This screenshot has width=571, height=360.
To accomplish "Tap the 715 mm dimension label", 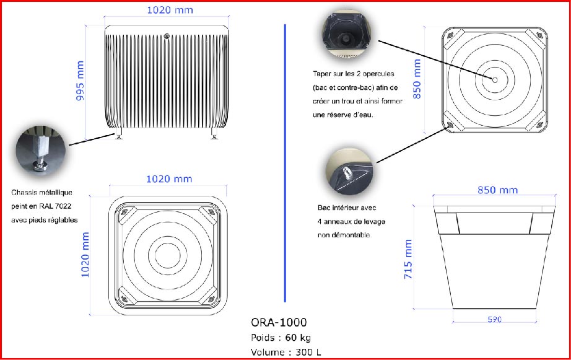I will (409, 260).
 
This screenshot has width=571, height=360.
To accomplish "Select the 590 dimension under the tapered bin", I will (494, 320).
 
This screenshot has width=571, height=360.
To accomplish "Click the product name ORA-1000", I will (279, 322).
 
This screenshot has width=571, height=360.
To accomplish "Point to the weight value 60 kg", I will (299, 338).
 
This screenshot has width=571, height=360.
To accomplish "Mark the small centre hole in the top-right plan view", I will (495, 79).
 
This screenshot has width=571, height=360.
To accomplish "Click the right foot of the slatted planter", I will (214, 134).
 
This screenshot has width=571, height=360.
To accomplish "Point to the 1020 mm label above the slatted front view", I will (169, 10).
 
